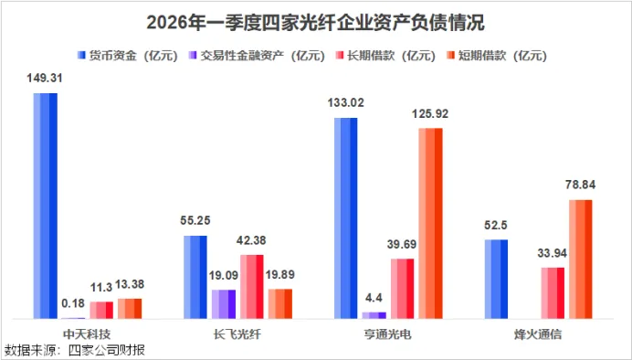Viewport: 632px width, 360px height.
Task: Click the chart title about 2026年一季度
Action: click(x=316, y=23)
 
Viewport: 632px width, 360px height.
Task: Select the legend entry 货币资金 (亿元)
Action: click(x=127, y=55)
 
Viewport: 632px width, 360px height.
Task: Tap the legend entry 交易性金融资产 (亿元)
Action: click(x=257, y=55)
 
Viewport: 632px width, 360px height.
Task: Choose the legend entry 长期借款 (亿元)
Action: click(x=384, y=55)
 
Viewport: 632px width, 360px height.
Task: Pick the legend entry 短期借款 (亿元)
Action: click(x=496, y=55)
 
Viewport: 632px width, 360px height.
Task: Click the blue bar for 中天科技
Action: click(x=45, y=206)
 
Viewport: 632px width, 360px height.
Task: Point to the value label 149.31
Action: click(x=45, y=78)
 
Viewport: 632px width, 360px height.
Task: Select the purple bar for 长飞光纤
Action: click(x=224, y=304)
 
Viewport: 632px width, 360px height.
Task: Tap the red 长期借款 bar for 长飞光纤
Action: click(x=252, y=287)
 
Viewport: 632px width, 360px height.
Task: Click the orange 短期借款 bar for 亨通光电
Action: click(x=430, y=223)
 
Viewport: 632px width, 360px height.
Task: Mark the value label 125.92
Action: click(x=430, y=113)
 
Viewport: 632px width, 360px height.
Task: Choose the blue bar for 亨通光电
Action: click(x=346, y=218)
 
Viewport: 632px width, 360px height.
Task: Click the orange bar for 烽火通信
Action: click(x=581, y=259)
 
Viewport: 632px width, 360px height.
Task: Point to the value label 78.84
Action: click(x=581, y=185)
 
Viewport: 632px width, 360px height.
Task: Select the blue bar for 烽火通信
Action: click(x=496, y=280)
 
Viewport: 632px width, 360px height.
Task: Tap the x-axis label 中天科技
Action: click(x=87, y=334)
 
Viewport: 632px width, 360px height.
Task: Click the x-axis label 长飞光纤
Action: click(x=237, y=334)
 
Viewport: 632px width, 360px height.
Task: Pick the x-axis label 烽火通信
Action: click(x=538, y=334)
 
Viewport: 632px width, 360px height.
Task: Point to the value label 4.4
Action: click(x=374, y=298)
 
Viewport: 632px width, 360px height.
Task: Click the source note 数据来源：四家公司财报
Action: click(x=75, y=350)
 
